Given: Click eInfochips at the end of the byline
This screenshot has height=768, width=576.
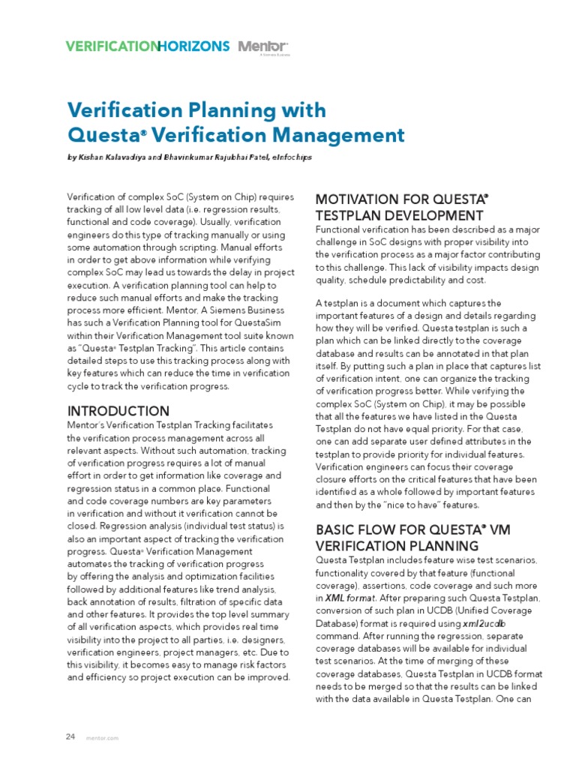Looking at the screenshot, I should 296,159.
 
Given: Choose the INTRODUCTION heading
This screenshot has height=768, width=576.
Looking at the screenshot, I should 118,411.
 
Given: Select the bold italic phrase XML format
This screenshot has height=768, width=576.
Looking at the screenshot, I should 351,598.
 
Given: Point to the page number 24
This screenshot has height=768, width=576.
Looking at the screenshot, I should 70,736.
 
